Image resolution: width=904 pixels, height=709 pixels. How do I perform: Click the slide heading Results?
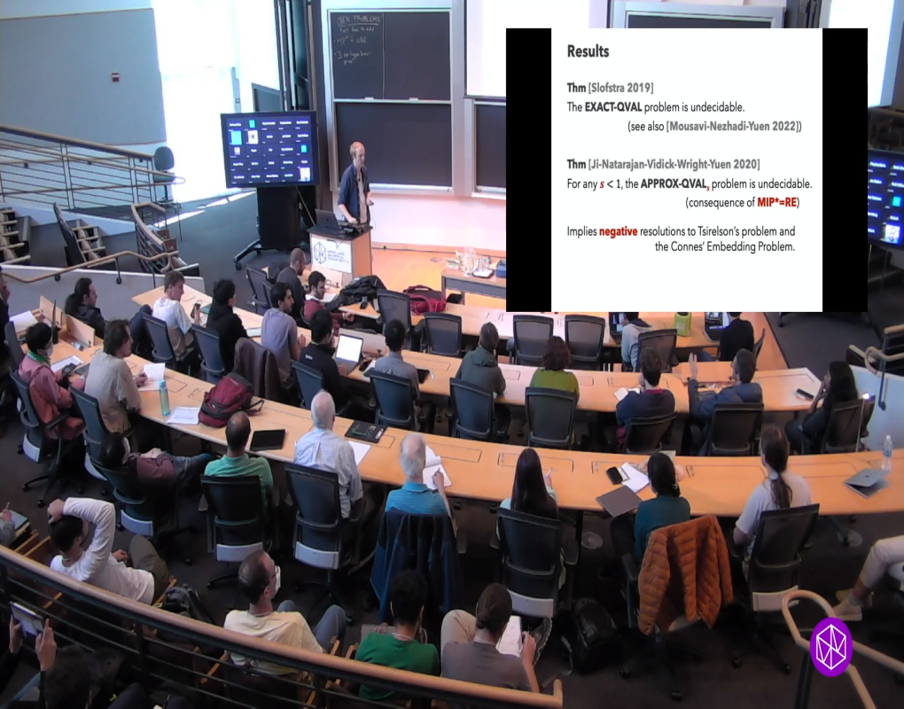point(588,51)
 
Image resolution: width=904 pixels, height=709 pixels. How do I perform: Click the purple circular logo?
point(830,647)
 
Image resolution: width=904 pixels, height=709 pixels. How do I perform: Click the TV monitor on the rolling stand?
point(269,148)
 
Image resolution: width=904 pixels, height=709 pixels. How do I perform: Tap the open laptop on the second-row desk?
point(348,348)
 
